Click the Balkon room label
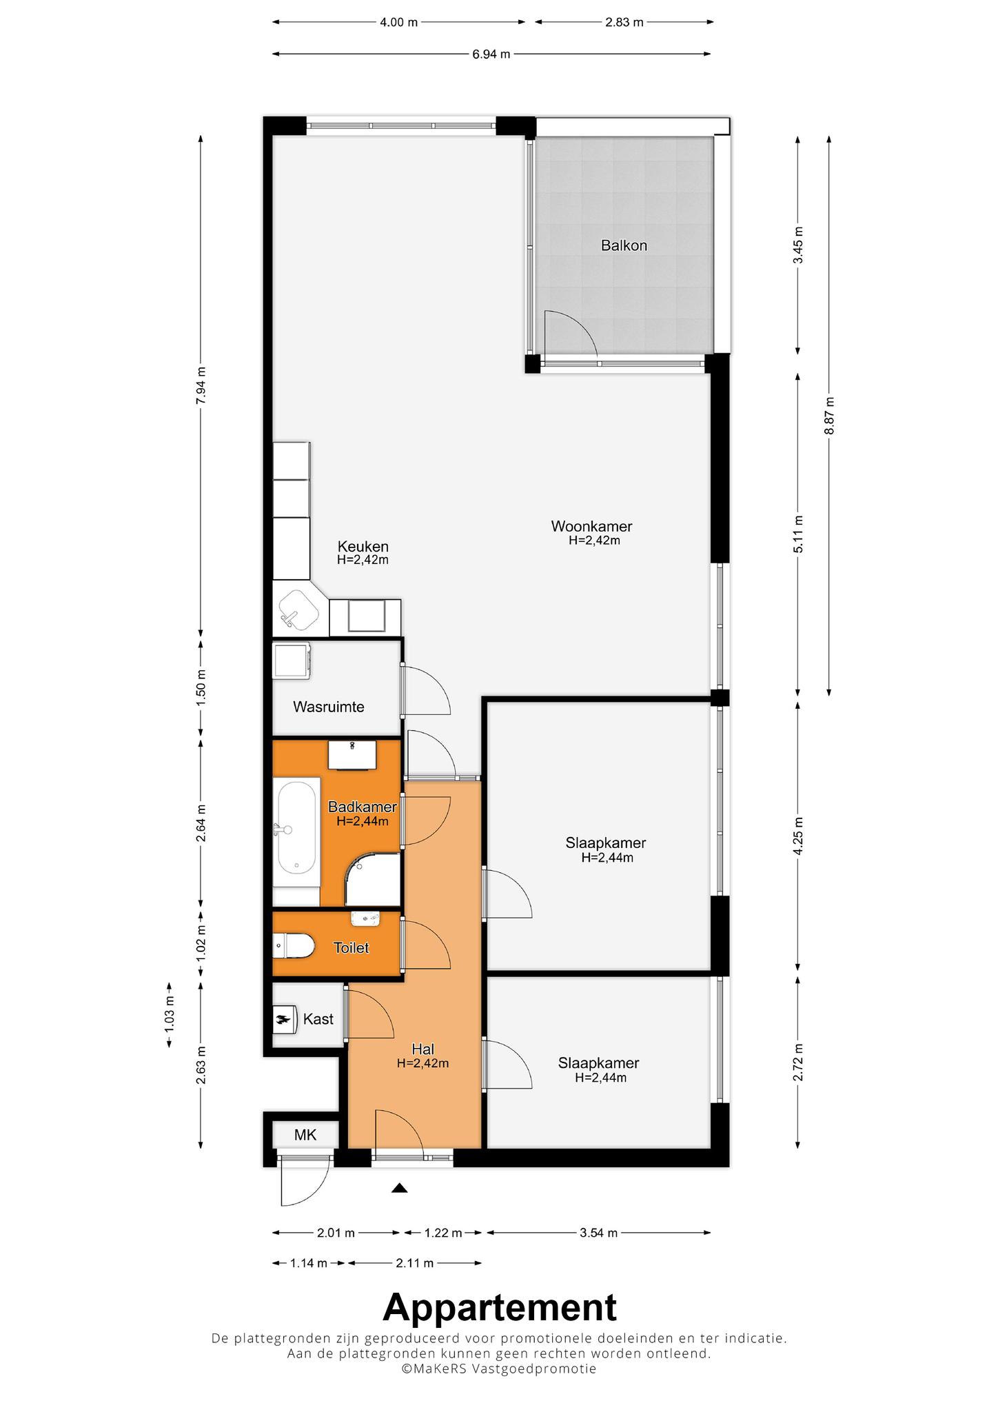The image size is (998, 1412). coord(624,245)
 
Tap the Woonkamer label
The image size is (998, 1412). coord(591,527)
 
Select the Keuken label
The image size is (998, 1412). coord(363,547)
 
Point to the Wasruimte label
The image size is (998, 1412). coord(329,707)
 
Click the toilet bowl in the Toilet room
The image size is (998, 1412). coord(294,946)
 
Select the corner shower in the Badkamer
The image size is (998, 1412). coord(373,880)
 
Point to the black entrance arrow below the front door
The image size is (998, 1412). coord(399,1188)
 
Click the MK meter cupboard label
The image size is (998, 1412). coord(305,1135)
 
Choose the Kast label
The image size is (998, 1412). coord(318,1019)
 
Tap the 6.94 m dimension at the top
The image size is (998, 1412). coord(491,54)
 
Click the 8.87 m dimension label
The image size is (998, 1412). coord(830,416)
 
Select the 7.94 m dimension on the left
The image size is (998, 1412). coord(201,385)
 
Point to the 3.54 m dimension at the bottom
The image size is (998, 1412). coord(598,1233)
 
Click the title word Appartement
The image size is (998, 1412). coord(500,1307)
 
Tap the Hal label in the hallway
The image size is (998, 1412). coord(422,1050)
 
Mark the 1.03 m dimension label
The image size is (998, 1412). coord(170,1015)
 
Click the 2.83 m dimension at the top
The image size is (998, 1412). coord(624,22)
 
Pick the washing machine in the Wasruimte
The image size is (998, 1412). coord(292,660)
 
